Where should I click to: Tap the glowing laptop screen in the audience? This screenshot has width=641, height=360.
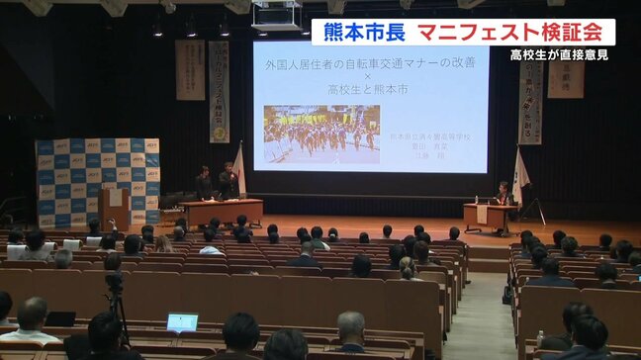[182, 321]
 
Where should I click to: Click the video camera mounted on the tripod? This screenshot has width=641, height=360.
[114, 281]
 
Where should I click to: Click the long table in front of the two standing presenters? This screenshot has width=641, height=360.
[223, 211]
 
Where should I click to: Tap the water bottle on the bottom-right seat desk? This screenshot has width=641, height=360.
[540, 338]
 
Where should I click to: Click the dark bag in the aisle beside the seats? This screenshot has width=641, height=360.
[508, 294]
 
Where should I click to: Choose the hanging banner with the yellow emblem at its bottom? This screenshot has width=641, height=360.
[219, 94]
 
